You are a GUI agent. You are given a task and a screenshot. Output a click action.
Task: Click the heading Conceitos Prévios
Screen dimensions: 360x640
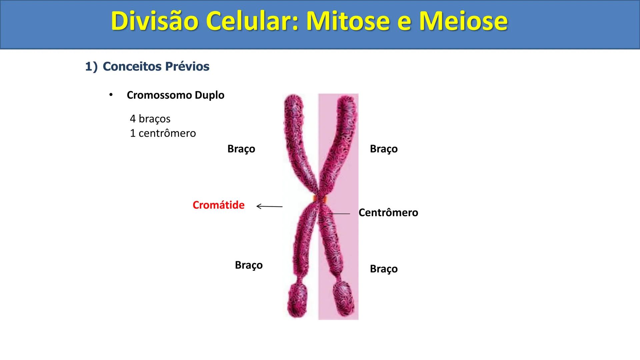coord(156,66)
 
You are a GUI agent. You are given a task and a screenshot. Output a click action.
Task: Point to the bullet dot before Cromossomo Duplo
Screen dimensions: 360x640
coord(111,95)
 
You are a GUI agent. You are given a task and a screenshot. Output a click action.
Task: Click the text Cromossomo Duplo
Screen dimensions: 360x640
coord(175,95)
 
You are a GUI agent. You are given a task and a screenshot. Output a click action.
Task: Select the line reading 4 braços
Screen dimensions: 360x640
coord(150,119)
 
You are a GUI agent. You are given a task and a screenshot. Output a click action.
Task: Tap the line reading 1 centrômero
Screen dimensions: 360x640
coord(163,133)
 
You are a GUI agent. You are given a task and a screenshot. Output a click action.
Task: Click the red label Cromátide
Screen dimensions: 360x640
coord(218,205)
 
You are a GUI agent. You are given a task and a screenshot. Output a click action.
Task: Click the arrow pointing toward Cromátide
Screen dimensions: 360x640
coord(269,207)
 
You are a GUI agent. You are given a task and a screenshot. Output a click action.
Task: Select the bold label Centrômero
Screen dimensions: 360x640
coord(388,213)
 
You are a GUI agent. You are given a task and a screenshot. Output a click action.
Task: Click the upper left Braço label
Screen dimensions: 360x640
coord(241,149)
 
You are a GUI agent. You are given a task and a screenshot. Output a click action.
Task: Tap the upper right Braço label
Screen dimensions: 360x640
coord(384,149)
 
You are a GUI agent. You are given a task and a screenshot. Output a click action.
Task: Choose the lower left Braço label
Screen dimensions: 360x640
coord(249,265)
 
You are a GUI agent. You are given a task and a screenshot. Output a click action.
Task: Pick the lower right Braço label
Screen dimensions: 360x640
coord(384,269)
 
